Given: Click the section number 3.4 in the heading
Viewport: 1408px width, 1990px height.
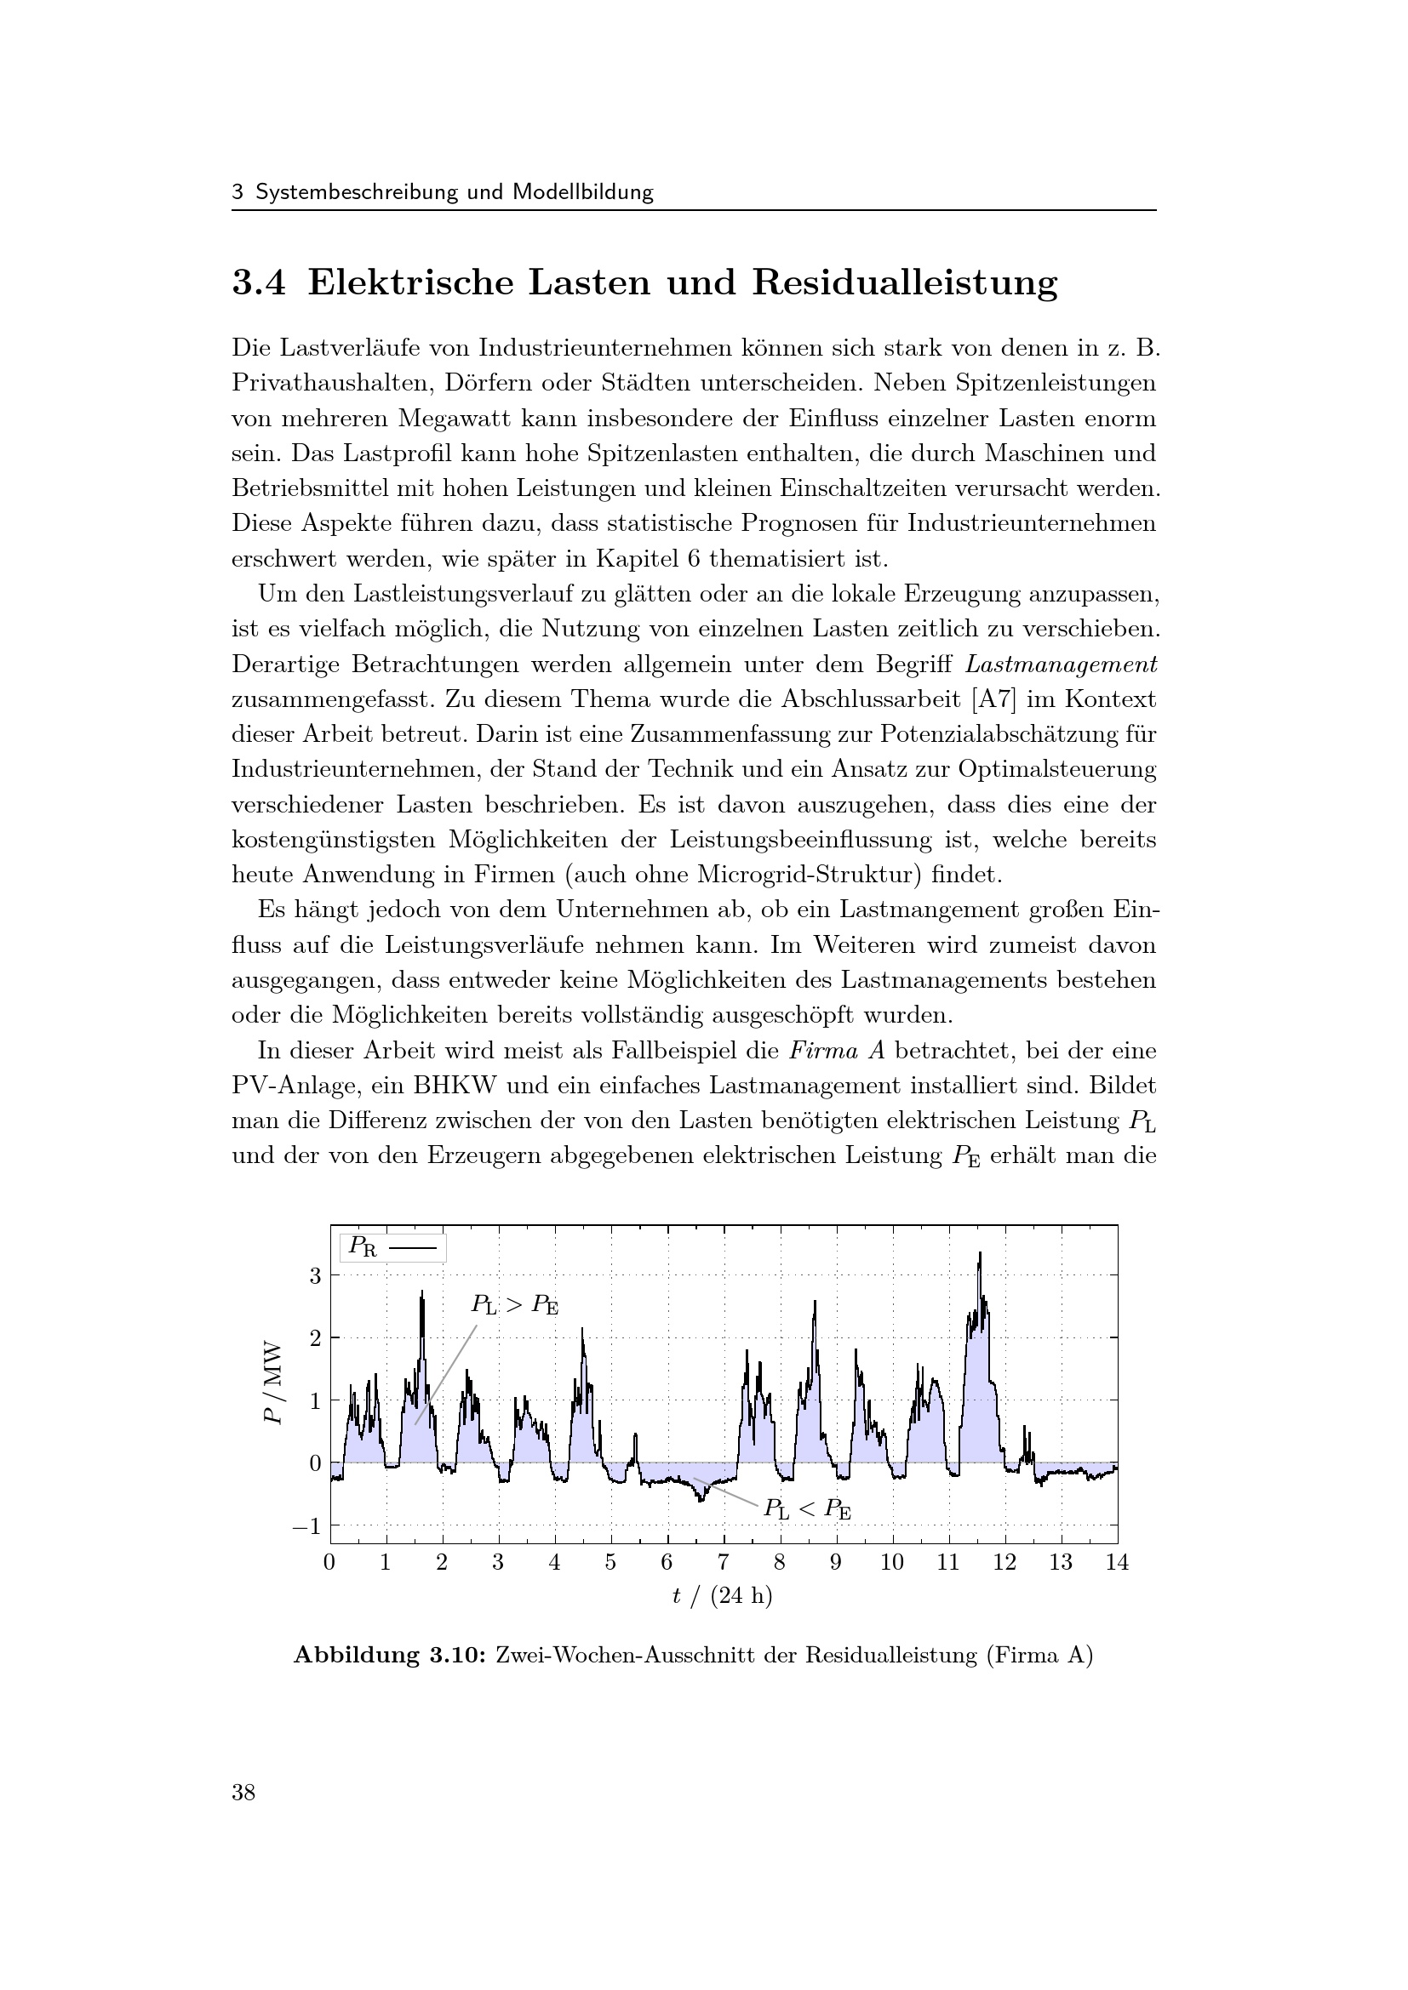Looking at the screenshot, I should [x=259, y=283].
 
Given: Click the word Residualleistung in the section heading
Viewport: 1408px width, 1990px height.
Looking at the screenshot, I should [x=904, y=283].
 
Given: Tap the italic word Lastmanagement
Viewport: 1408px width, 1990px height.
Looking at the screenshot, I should [x=1061, y=664].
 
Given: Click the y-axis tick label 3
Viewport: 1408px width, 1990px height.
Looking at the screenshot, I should [x=315, y=1276].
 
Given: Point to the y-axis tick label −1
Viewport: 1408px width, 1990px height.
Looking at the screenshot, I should [x=308, y=1526].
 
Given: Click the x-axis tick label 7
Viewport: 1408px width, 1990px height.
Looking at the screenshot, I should [x=723, y=1563].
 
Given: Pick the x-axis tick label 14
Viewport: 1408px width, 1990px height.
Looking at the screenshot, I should [x=1117, y=1563].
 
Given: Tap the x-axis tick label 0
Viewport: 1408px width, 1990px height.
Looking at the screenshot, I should [x=329, y=1563].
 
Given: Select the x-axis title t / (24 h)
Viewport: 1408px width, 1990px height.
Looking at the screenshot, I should [x=722, y=1595].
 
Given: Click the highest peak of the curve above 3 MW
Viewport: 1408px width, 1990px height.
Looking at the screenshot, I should [x=980, y=1254].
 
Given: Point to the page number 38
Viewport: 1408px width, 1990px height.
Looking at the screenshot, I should [x=243, y=1793].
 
